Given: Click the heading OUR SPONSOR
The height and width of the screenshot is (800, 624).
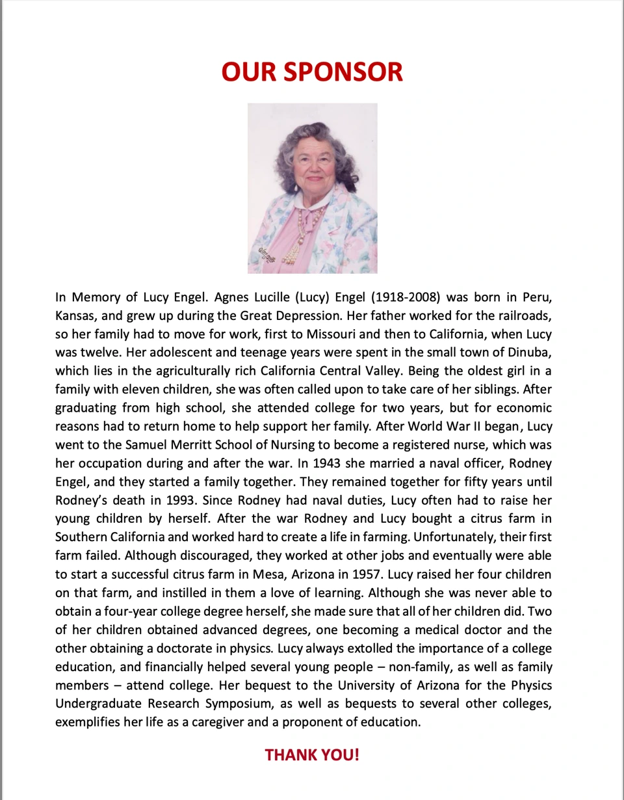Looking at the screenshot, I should tap(312, 72).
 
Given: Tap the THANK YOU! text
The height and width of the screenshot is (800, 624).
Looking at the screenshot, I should tap(312, 755).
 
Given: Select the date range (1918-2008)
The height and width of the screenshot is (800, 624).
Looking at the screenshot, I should tap(406, 298).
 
